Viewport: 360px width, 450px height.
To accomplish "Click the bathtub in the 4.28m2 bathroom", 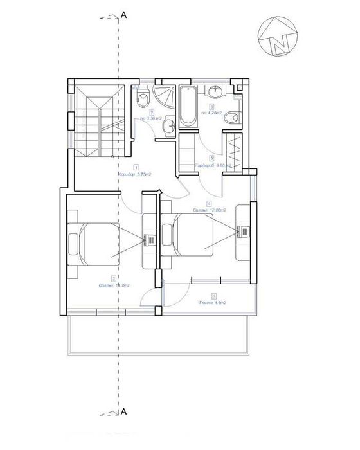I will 188,105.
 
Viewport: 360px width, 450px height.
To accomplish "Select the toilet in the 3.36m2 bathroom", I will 144,100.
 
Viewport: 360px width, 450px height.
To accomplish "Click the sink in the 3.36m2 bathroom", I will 168,125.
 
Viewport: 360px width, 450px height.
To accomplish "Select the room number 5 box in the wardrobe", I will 211,157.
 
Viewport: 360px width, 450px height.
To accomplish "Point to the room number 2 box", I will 114,278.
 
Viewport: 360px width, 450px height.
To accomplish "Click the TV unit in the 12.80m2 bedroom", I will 244,231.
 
